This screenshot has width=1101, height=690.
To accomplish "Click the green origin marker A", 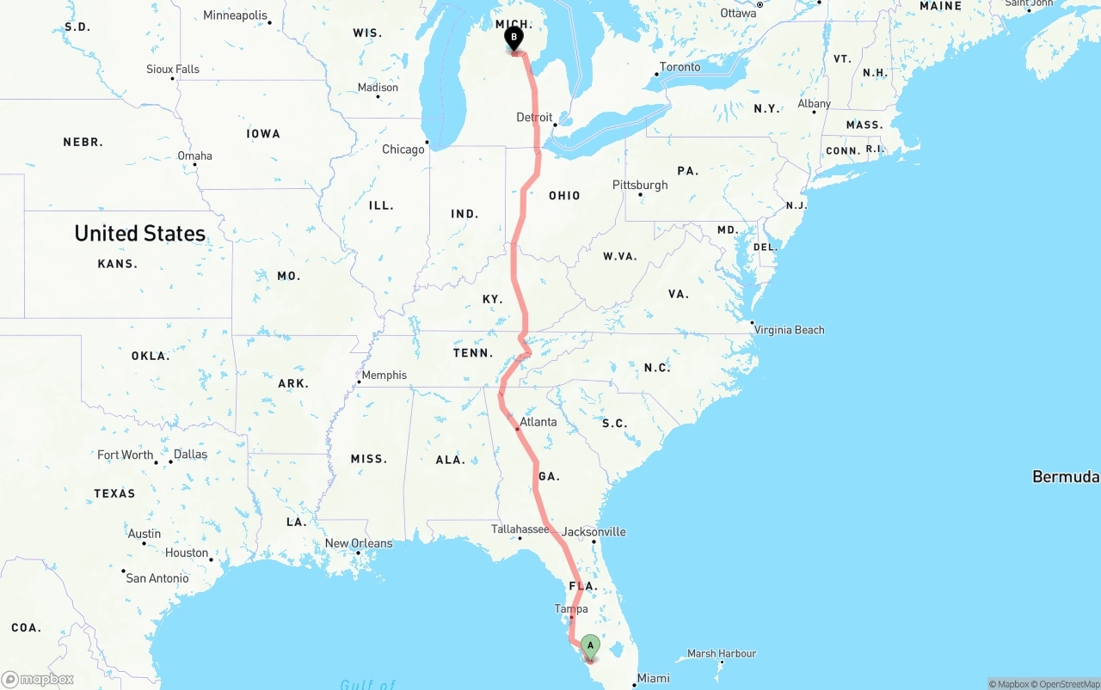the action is pos(590,646).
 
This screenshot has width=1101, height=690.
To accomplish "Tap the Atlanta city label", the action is pos(538,422).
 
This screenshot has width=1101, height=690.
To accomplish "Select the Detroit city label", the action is pos(534,118).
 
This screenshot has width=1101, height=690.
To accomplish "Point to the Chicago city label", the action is pos(403,150).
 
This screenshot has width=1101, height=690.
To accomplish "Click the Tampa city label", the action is pos(571,609).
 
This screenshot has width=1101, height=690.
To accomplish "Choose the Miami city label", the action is pos(654,679).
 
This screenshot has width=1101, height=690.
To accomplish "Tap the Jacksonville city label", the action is pos(594,532).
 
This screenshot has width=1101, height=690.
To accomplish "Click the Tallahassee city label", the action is pos(520,529).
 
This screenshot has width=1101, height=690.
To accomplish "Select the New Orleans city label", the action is pos(359,543).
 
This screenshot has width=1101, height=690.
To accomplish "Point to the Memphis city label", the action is pos(384,376).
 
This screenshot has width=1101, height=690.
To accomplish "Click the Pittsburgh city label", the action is pos(640,186).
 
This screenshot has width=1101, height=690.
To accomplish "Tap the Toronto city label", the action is pos(680,67).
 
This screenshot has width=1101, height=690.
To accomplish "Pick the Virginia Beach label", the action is pos(789,330).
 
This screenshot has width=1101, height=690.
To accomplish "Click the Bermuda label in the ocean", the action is pos(1065,477).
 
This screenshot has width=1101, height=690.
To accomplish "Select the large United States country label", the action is pos(140,234).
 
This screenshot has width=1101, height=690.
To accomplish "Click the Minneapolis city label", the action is pos(235,15).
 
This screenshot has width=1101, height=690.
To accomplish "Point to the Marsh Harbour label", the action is pos(722,654).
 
